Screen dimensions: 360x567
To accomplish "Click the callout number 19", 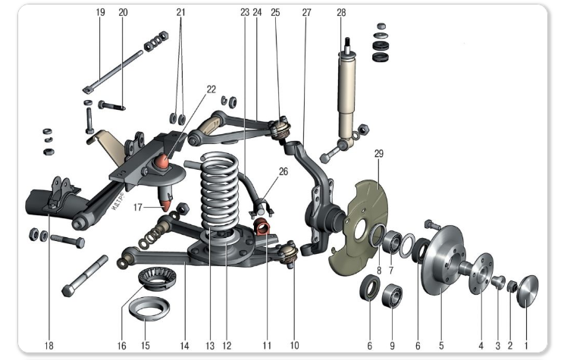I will click(100, 13).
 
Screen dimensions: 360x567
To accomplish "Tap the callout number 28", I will click(341, 13).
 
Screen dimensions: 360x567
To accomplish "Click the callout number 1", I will click(528, 346).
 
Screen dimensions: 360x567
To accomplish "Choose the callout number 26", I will click(283, 171).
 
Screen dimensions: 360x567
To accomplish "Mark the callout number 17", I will click(139, 205).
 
